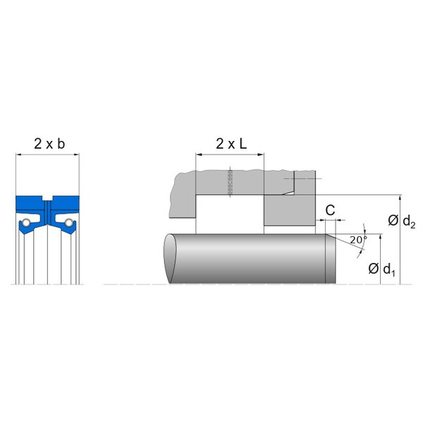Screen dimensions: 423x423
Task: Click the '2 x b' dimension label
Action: [49, 144]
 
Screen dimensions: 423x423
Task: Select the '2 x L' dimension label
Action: [231, 144]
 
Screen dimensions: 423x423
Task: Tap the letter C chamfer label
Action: [330, 210]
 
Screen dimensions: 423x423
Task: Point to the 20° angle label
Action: [359, 240]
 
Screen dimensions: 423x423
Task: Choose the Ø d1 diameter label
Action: [381, 269]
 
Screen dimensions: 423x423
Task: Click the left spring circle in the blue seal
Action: [26, 222]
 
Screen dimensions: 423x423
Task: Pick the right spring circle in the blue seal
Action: [69, 222]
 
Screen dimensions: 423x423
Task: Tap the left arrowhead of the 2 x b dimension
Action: [18, 154]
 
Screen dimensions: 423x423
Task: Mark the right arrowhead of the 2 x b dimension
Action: [77, 154]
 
